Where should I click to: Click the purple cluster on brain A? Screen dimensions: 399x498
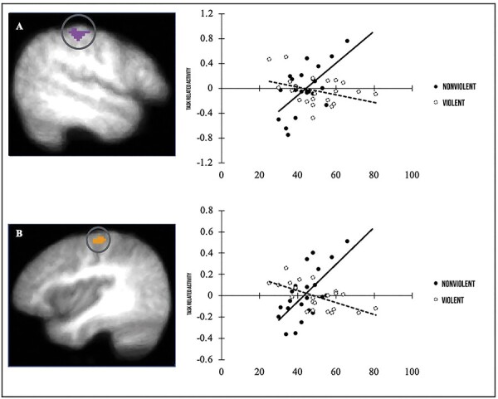click(x=80, y=34)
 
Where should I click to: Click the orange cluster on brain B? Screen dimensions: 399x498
click(x=100, y=240)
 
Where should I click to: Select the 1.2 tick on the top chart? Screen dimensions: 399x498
click(x=207, y=14)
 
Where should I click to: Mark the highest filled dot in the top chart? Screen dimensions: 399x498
click(x=347, y=41)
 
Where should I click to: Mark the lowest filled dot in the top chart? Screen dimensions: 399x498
click(x=288, y=134)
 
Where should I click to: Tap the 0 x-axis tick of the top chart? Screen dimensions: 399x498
click(x=221, y=176)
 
